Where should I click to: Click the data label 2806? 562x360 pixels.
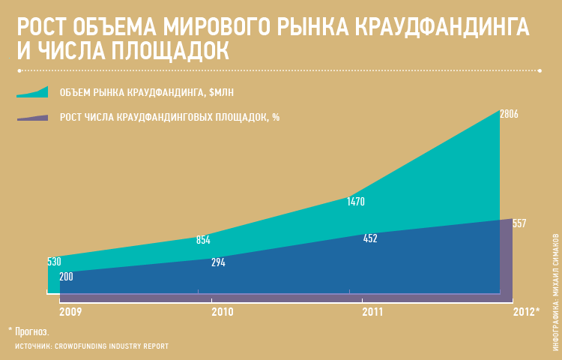[x=509, y=114]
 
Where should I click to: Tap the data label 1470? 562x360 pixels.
[x=355, y=202]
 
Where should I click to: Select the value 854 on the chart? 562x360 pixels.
[x=203, y=240]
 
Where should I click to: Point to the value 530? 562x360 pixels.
[x=54, y=262]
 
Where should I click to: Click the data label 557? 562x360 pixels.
[x=519, y=223]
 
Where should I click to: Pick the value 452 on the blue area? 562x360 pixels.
[x=370, y=238]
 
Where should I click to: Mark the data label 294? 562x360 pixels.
[x=218, y=262]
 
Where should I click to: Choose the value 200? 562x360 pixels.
[x=66, y=277]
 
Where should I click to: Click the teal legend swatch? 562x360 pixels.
[x=32, y=92]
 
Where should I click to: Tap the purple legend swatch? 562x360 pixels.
[x=32, y=118]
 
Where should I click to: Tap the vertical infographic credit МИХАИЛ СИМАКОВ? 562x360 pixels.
[x=556, y=270]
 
